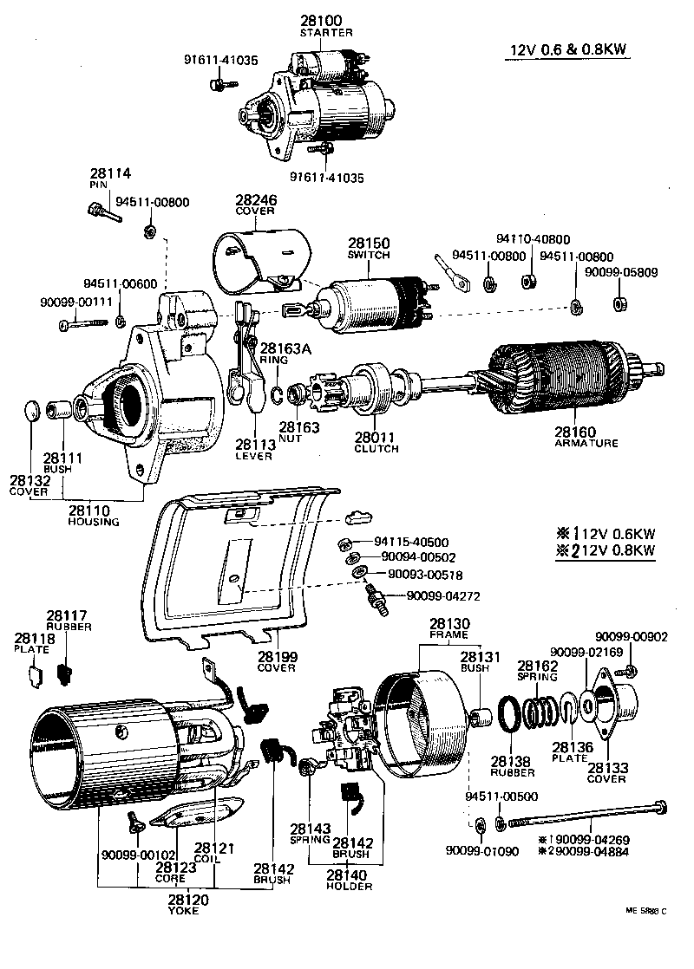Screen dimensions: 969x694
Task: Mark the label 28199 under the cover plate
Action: [x=276, y=656]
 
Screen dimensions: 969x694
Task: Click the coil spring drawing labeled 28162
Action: [x=541, y=699]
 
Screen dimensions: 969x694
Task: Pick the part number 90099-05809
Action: [x=620, y=272]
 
